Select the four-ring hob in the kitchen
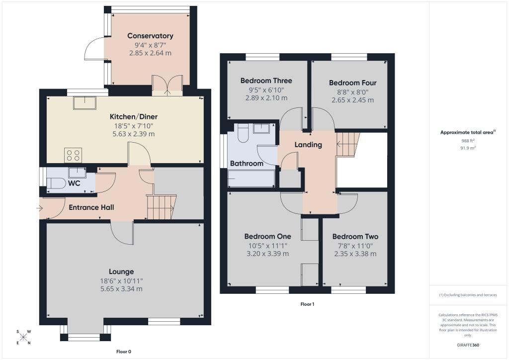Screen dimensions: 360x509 point(74,155)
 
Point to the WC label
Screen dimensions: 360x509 point(74,183)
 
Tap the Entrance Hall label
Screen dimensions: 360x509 point(91,207)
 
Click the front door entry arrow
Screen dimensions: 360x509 point(40,208)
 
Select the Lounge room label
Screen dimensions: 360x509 point(122,271)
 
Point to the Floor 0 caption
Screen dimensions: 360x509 point(123,352)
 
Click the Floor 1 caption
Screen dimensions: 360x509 point(307,304)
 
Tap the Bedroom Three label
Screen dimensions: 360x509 point(266,81)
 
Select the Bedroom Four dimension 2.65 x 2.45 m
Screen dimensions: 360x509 point(352,100)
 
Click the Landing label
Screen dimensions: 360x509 point(308,145)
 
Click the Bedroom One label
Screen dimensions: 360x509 point(267,236)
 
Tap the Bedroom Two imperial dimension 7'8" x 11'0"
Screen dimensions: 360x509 point(355,245)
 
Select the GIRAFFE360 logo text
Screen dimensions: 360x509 point(468,345)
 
